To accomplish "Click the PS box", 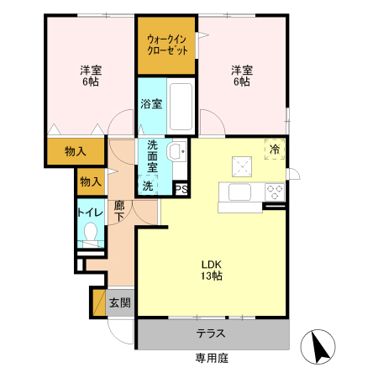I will pos(181,189).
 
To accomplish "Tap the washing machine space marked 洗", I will pos(148,186).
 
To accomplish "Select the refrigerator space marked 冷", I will pos(274,149).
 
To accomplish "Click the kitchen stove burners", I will pos(275,192).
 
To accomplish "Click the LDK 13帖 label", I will pos(210,267).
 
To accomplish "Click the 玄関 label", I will pos(119,302).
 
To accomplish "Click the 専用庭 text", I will pos(211,360).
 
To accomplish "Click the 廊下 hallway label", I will pos(120,210).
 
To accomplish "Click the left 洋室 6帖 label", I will pos(90,76).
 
